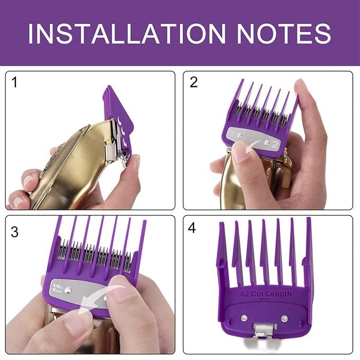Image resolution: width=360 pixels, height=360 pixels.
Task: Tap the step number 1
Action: click(15, 83)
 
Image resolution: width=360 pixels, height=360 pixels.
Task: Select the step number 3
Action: click(15, 232)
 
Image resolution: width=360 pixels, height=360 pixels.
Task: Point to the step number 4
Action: click(192, 229)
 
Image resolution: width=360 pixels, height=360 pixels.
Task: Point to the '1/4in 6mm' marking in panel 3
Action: click(57, 291)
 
